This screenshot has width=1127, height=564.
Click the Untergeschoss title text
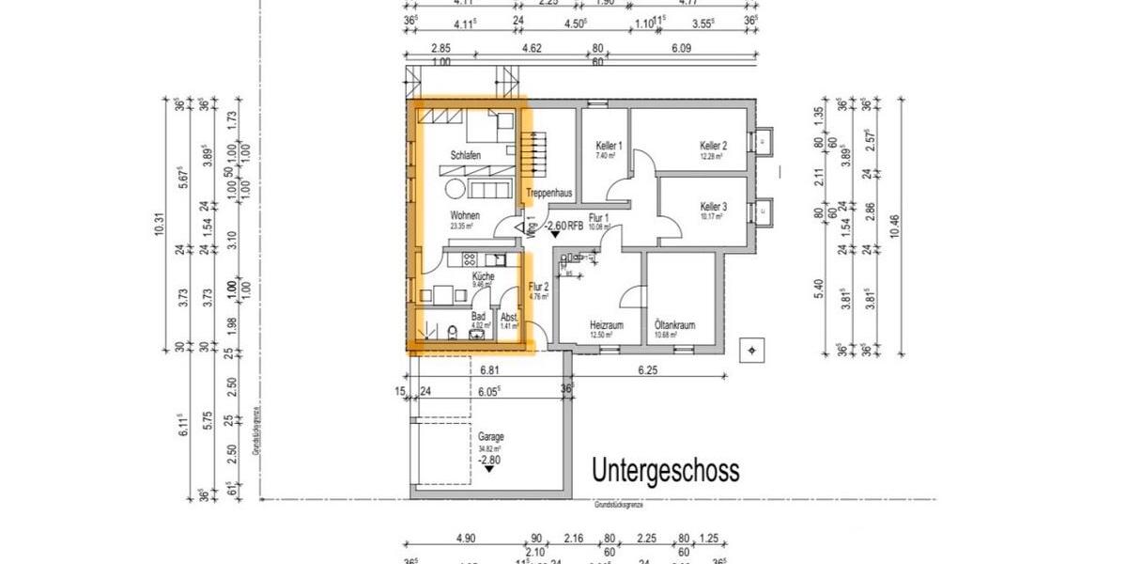point(665,470)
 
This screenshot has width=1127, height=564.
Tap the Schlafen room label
point(465,155)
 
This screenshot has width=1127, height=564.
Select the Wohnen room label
point(465,215)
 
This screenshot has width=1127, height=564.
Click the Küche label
point(483,276)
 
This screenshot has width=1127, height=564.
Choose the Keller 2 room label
point(713,147)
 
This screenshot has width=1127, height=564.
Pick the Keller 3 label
point(713,207)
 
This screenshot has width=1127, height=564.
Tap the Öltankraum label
point(674,325)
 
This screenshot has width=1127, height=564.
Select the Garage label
point(490,437)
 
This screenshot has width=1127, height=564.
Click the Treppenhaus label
point(549,193)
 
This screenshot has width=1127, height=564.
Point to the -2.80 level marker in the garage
point(489,460)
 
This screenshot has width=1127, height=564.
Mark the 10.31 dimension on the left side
point(159,226)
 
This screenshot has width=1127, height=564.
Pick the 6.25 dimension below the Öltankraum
point(647,371)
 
